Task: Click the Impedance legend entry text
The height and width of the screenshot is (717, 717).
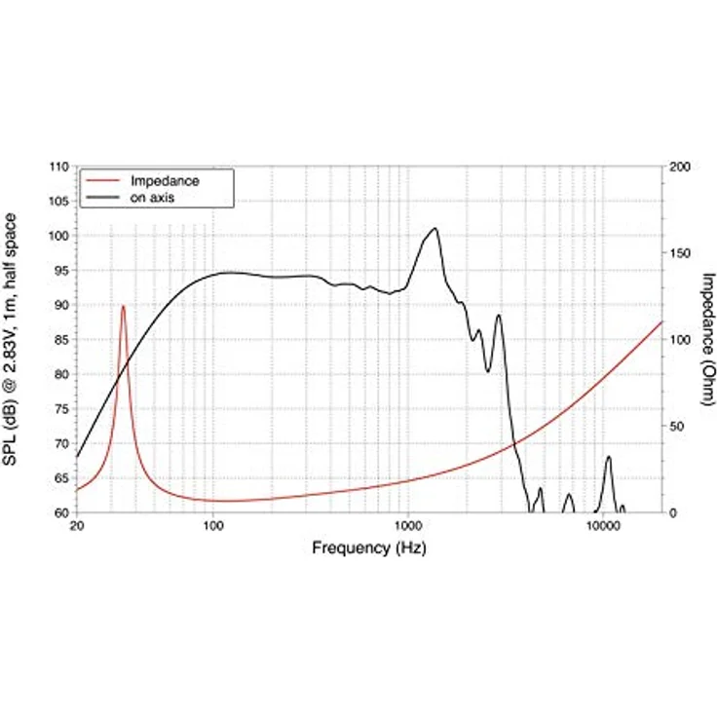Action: (165, 181)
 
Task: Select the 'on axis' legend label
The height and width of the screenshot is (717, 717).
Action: (152, 198)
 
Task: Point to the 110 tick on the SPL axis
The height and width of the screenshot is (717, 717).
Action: (59, 167)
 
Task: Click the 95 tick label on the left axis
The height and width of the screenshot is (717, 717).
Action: (59, 271)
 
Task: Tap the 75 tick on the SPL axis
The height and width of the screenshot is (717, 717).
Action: (59, 409)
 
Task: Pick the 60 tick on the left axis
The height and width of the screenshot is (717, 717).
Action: (59, 513)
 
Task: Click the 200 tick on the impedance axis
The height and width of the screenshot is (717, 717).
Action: (680, 167)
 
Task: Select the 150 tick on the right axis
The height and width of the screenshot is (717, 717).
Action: (680, 253)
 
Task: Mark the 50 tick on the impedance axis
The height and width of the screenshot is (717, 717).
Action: (676, 427)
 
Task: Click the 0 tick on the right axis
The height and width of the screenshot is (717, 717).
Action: (672, 513)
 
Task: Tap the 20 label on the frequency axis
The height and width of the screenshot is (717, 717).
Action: (77, 526)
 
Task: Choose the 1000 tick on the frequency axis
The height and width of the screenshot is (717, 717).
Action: (408, 526)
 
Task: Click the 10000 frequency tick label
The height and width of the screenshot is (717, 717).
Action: (603, 526)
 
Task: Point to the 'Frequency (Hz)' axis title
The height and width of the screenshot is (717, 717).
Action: (369, 547)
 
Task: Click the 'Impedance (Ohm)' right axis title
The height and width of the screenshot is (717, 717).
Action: (708, 339)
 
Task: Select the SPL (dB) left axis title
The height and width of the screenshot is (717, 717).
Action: (10, 339)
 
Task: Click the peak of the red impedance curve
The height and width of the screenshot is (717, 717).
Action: (123, 306)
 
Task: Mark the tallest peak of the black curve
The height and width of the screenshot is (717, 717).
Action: (434, 228)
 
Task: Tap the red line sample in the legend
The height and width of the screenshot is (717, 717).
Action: (103, 181)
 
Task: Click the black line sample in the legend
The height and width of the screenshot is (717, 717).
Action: (103, 198)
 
